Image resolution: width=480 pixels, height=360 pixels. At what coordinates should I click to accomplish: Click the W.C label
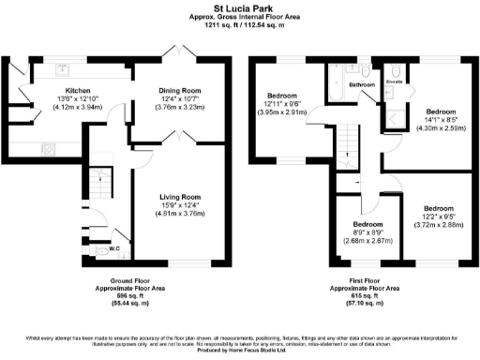113,249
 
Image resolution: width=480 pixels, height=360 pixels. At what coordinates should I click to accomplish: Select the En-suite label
395,82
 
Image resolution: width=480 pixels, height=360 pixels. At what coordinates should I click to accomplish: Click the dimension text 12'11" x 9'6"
282,104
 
